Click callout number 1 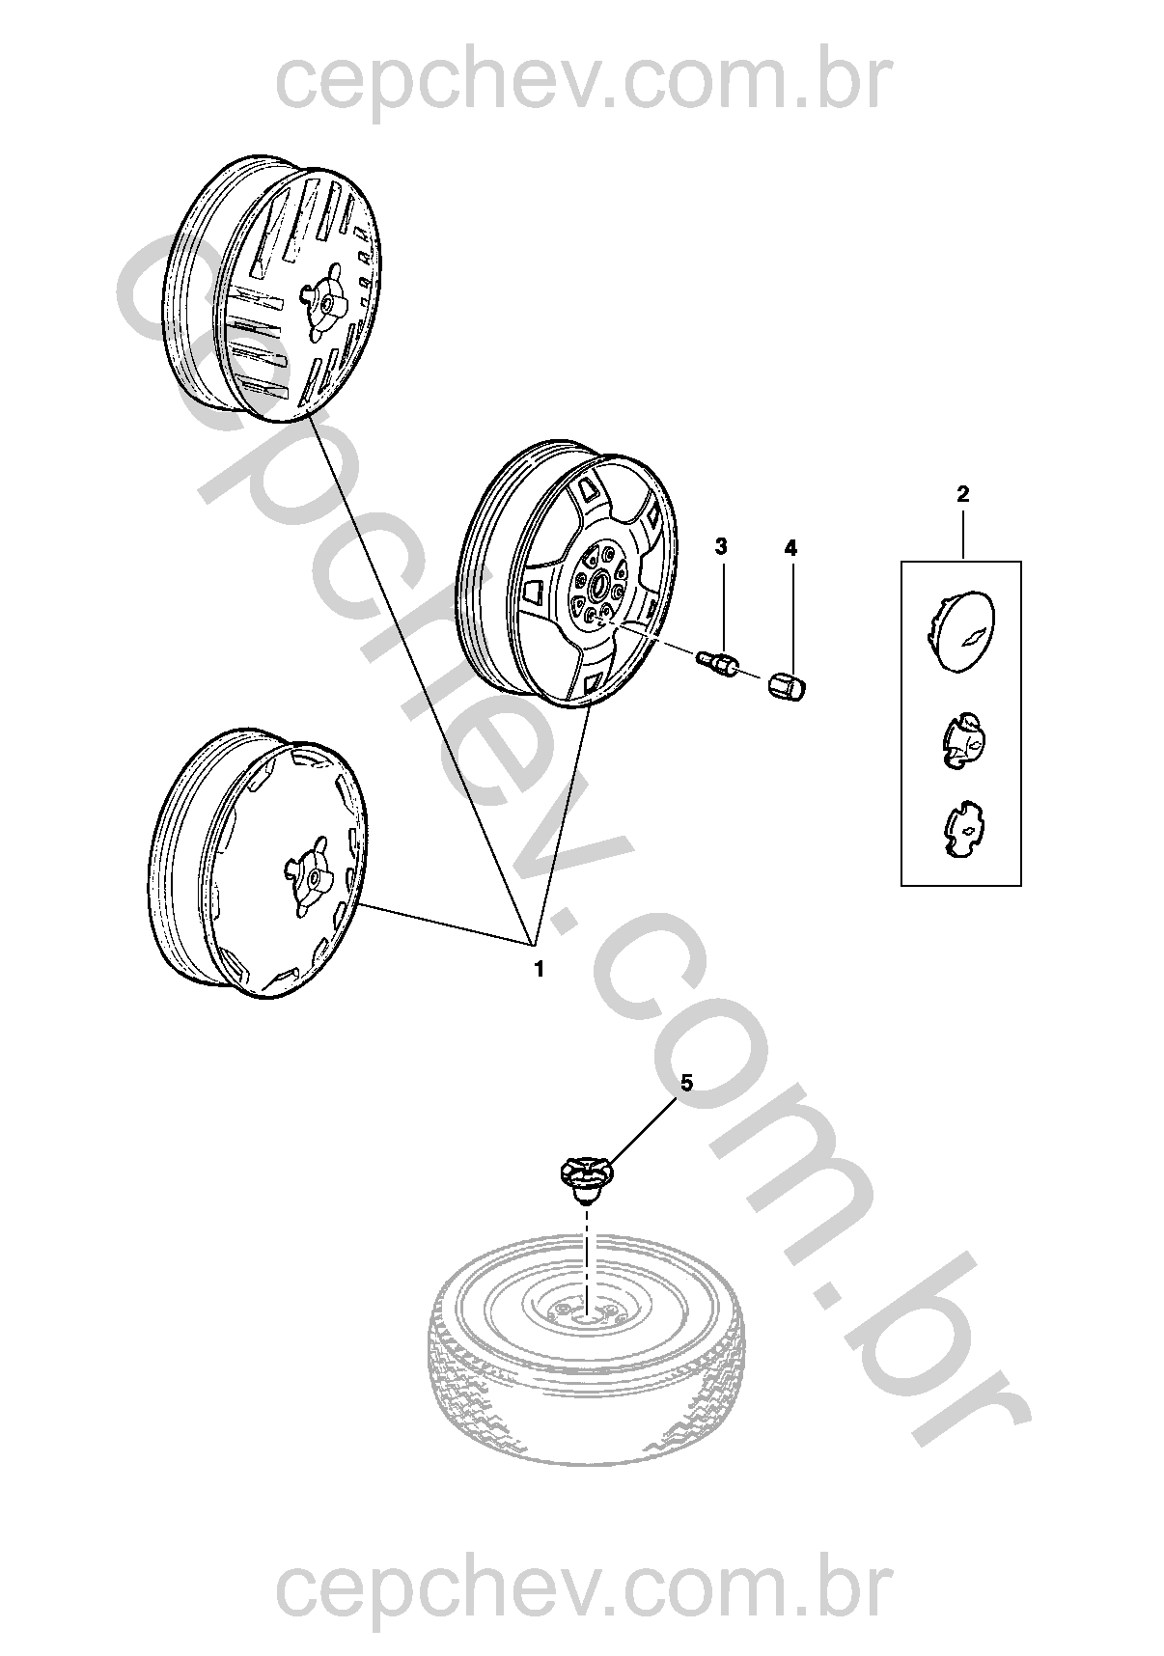(539, 969)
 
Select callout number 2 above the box (962, 494)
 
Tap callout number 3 (721, 547)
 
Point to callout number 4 (790, 548)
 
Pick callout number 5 (686, 1083)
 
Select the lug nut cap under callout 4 (788, 686)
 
